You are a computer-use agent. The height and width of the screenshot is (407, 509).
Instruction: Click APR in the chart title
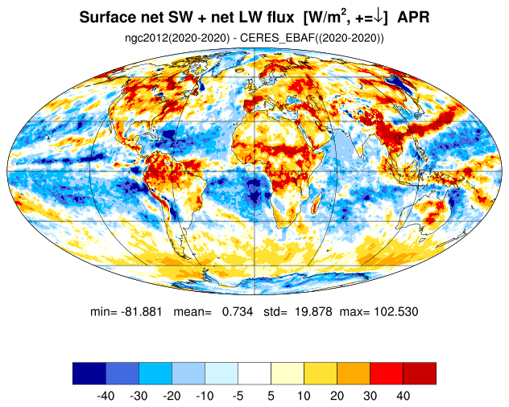click(x=413, y=17)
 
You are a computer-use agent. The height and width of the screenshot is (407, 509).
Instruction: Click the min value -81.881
click(x=141, y=312)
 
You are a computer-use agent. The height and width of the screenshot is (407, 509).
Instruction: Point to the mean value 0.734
click(x=238, y=312)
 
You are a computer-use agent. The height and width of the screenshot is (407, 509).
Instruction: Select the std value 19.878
click(x=313, y=312)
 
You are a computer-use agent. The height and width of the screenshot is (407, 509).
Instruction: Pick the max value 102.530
click(x=396, y=312)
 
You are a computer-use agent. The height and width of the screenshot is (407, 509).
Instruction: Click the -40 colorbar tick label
click(x=106, y=396)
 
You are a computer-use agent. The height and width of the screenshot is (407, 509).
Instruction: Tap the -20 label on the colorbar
click(x=172, y=396)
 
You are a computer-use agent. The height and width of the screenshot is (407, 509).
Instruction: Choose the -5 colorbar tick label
click(x=238, y=396)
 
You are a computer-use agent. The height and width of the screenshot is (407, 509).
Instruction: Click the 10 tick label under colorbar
click(x=304, y=396)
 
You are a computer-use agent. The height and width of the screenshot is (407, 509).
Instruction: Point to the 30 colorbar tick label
click(x=370, y=396)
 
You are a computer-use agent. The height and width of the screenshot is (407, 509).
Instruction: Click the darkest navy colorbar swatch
click(x=89, y=373)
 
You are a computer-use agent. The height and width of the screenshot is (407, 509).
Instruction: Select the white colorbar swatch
click(x=254, y=373)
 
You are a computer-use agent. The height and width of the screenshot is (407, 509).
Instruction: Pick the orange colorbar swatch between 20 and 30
click(x=354, y=373)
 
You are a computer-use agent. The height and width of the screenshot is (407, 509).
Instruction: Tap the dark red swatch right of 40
click(x=420, y=373)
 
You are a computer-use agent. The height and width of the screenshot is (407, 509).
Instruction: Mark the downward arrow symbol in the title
click(x=378, y=17)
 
